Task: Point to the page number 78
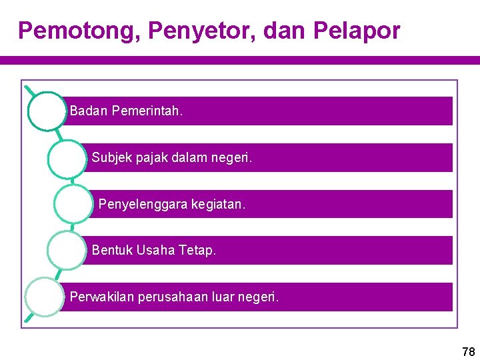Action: point(468,351)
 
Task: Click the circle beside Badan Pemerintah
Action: point(48,111)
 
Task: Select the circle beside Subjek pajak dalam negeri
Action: point(67,158)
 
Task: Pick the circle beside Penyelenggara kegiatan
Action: point(73,203)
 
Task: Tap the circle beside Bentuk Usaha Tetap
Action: point(67,251)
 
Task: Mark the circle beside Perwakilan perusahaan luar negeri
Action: point(45,297)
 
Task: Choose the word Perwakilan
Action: point(102,297)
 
